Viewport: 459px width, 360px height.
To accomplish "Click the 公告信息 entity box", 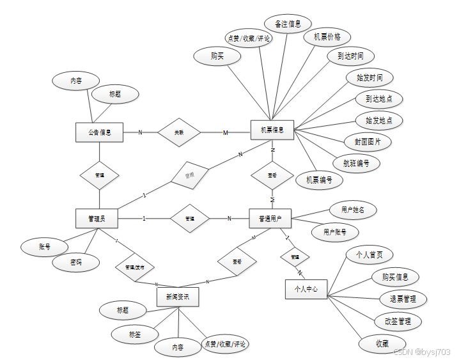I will point(99,132).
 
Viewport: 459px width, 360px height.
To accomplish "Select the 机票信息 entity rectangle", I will point(272,130).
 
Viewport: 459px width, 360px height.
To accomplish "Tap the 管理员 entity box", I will point(97,218).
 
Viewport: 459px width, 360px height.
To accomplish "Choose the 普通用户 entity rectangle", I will point(270,218).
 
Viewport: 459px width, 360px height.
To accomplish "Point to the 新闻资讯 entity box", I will point(177,297).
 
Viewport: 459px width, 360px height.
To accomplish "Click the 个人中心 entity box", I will point(306,289).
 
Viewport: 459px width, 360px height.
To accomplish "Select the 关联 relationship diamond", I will point(179,132).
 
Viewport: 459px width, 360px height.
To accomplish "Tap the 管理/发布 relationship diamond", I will point(134,266).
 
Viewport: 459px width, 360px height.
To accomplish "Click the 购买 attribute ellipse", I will point(217,56).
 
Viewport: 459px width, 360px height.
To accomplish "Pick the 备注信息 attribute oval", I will point(288,24).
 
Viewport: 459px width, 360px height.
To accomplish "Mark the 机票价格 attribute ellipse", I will point(327,37).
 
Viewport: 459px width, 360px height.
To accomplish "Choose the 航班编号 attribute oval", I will point(356,162).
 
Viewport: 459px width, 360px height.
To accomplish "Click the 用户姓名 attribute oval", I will point(353,209).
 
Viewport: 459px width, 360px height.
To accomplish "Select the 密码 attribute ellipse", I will point(75,262).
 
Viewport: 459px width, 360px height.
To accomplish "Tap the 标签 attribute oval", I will point(134,333).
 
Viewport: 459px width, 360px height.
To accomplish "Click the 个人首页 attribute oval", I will point(369,254).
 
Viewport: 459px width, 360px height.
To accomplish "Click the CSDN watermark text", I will point(422,352).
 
